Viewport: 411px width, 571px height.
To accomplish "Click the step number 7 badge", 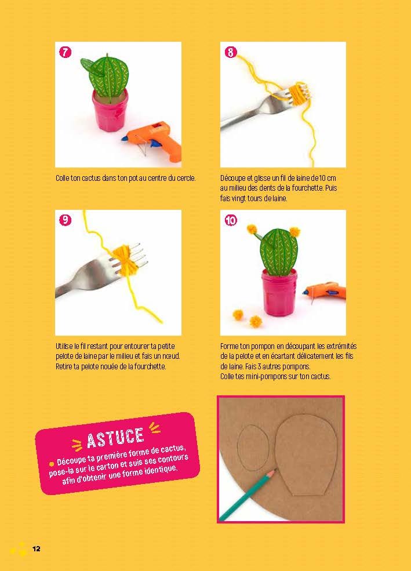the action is click(65, 52).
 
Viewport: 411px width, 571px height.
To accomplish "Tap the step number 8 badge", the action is click(231, 52).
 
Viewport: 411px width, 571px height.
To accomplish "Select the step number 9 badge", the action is click(65, 220).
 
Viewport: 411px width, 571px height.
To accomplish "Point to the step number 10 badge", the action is click(231, 220).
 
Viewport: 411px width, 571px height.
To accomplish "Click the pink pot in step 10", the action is click(279, 288).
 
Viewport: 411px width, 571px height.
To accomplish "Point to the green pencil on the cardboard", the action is click(248, 494).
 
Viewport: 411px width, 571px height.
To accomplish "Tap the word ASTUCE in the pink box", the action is click(115, 437).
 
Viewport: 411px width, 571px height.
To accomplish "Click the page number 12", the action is click(37, 549).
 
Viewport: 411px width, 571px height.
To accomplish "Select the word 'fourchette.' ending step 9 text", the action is click(150, 366).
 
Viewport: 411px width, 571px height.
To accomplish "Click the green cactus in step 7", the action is click(106, 75).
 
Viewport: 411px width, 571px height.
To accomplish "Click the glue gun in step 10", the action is click(323, 291).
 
